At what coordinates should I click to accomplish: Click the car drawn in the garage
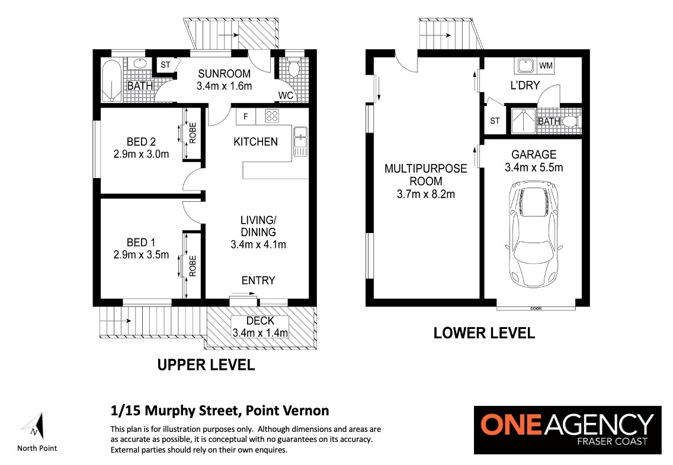pyautogui.click(x=534, y=234)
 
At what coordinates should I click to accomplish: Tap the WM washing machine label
pyautogui.click(x=546, y=66)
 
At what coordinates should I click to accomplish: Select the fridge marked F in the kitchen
pyautogui.click(x=246, y=116)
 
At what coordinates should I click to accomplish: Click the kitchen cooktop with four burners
pyautogui.click(x=272, y=116)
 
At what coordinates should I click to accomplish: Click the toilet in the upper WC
pyautogui.click(x=294, y=69)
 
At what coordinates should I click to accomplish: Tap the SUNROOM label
pyautogui.click(x=224, y=74)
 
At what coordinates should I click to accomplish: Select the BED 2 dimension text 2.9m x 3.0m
pyautogui.click(x=141, y=154)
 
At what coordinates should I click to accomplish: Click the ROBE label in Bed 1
pyautogui.click(x=193, y=266)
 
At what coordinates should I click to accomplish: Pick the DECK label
pyautogui.click(x=260, y=321)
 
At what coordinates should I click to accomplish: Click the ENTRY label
pyautogui.click(x=258, y=280)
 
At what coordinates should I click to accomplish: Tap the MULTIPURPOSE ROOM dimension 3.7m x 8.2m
pyautogui.click(x=426, y=194)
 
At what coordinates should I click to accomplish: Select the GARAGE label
pyautogui.click(x=534, y=154)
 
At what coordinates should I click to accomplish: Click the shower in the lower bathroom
pyautogui.click(x=523, y=121)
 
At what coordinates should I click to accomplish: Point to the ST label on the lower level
pyautogui.click(x=495, y=121)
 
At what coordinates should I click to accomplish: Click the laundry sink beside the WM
pyautogui.click(x=525, y=66)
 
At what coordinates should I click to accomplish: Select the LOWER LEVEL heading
pyautogui.click(x=484, y=333)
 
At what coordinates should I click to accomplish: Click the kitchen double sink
pyautogui.click(x=300, y=141)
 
